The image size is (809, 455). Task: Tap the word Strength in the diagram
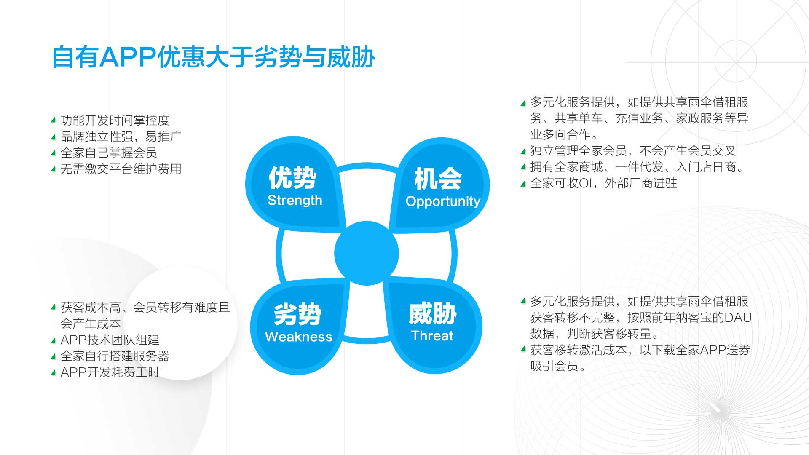pyautogui.click(x=295, y=200)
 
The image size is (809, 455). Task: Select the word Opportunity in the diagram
pyautogui.click(x=443, y=201)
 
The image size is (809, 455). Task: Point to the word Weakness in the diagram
pyautogui.click(x=298, y=337)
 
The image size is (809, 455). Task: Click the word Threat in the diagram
pyautogui.click(x=432, y=336)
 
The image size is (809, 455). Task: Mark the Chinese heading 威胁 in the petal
pyautogui.click(x=433, y=313)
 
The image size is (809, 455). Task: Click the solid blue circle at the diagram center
pyautogui.click(x=366, y=253)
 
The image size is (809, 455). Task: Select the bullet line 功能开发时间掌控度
pyautogui.click(x=115, y=120)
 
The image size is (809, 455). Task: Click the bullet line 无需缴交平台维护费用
pyautogui.click(x=121, y=169)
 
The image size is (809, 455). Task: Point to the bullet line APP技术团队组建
pyautogui.click(x=110, y=340)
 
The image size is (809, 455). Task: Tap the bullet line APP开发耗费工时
pyautogui.click(x=110, y=372)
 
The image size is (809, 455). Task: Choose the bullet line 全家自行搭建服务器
pyautogui.click(x=115, y=356)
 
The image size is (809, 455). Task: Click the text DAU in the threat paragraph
pyautogui.click(x=738, y=318)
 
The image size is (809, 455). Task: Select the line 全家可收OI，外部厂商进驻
pyautogui.click(x=603, y=183)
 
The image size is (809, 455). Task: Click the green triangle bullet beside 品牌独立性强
pyautogui.click(x=53, y=136)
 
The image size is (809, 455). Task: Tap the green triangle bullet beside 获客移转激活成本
pyautogui.click(x=523, y=349)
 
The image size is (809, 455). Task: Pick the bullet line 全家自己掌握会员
pyautogui.click(x=109, y=153)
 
